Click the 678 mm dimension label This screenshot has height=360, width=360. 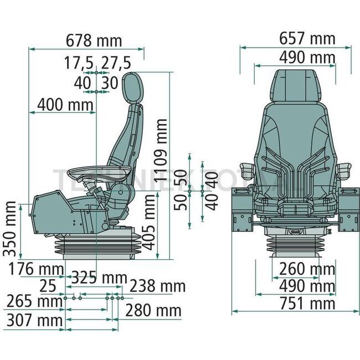(x=94, y=41)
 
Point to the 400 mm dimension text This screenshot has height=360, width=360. (x=65, y=104)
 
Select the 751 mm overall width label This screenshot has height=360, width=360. (x=307, y=304)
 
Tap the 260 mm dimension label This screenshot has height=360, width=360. (x=307, y=269)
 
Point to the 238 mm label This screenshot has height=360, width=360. (x=157, y=286)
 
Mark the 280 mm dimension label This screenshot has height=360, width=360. (x=153, y=311)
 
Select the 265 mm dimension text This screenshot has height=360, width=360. (x=34, y=302)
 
